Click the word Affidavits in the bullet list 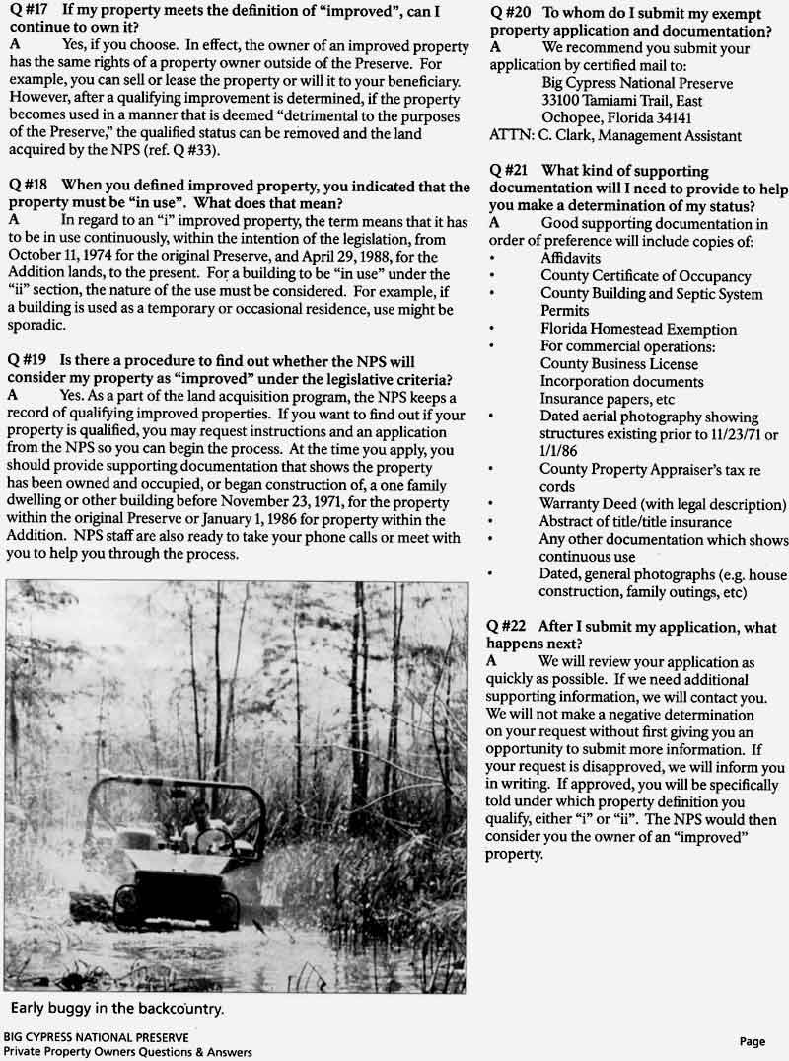(571, 259)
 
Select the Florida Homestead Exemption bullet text (638, 329)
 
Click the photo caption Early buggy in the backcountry (117, 1008)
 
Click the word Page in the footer (753, 1041)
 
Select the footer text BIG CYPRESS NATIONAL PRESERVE (96, 1037)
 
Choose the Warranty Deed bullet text (662, 504)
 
